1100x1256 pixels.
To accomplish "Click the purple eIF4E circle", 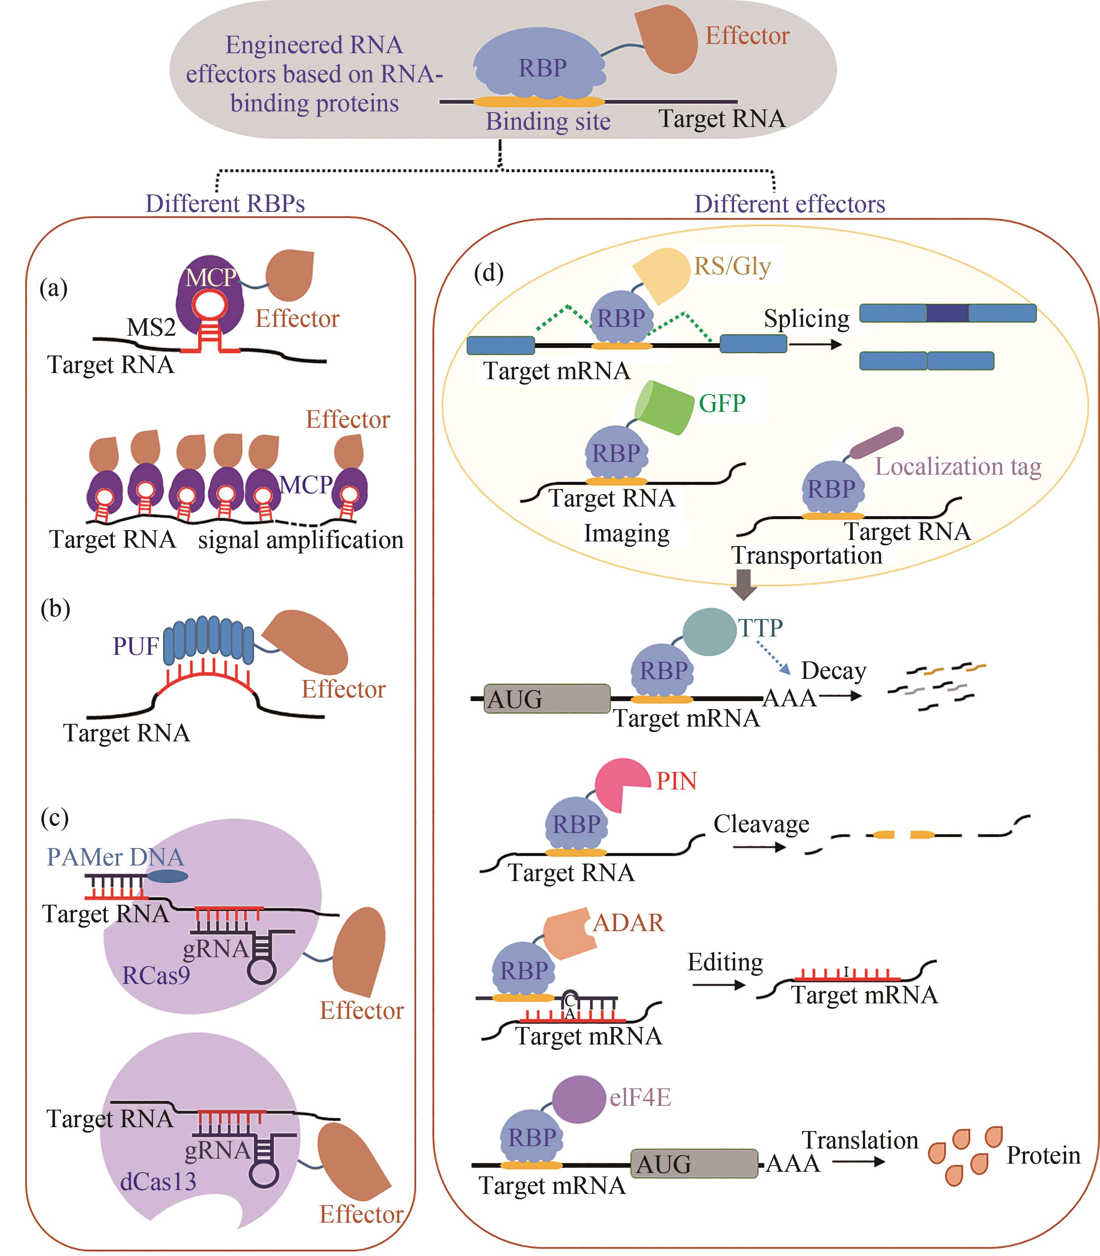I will pos(579,1099).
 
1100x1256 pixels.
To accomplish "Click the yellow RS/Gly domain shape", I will pos(663,274).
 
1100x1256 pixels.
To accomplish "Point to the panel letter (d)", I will pos(489,272).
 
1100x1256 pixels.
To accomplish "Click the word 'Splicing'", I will pos(806,319).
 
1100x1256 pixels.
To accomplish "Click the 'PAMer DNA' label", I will pos(115,857).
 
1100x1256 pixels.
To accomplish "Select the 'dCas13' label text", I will pos(158,1181).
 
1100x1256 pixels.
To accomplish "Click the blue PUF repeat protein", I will pos(209,642).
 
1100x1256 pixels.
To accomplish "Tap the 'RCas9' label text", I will pos(156,975).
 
